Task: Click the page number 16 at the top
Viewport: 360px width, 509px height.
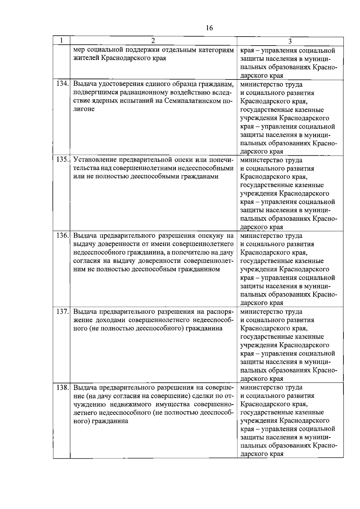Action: (x=209, y=28)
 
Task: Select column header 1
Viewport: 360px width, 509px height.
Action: (x=61, y=40)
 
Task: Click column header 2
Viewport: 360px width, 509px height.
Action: (x=153, y=40)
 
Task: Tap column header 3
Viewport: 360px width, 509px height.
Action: (x=290, y=41)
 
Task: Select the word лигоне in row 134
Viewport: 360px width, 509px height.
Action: (x=84, y=109)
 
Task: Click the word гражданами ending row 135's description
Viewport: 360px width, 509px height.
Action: (x=199, y=176)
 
